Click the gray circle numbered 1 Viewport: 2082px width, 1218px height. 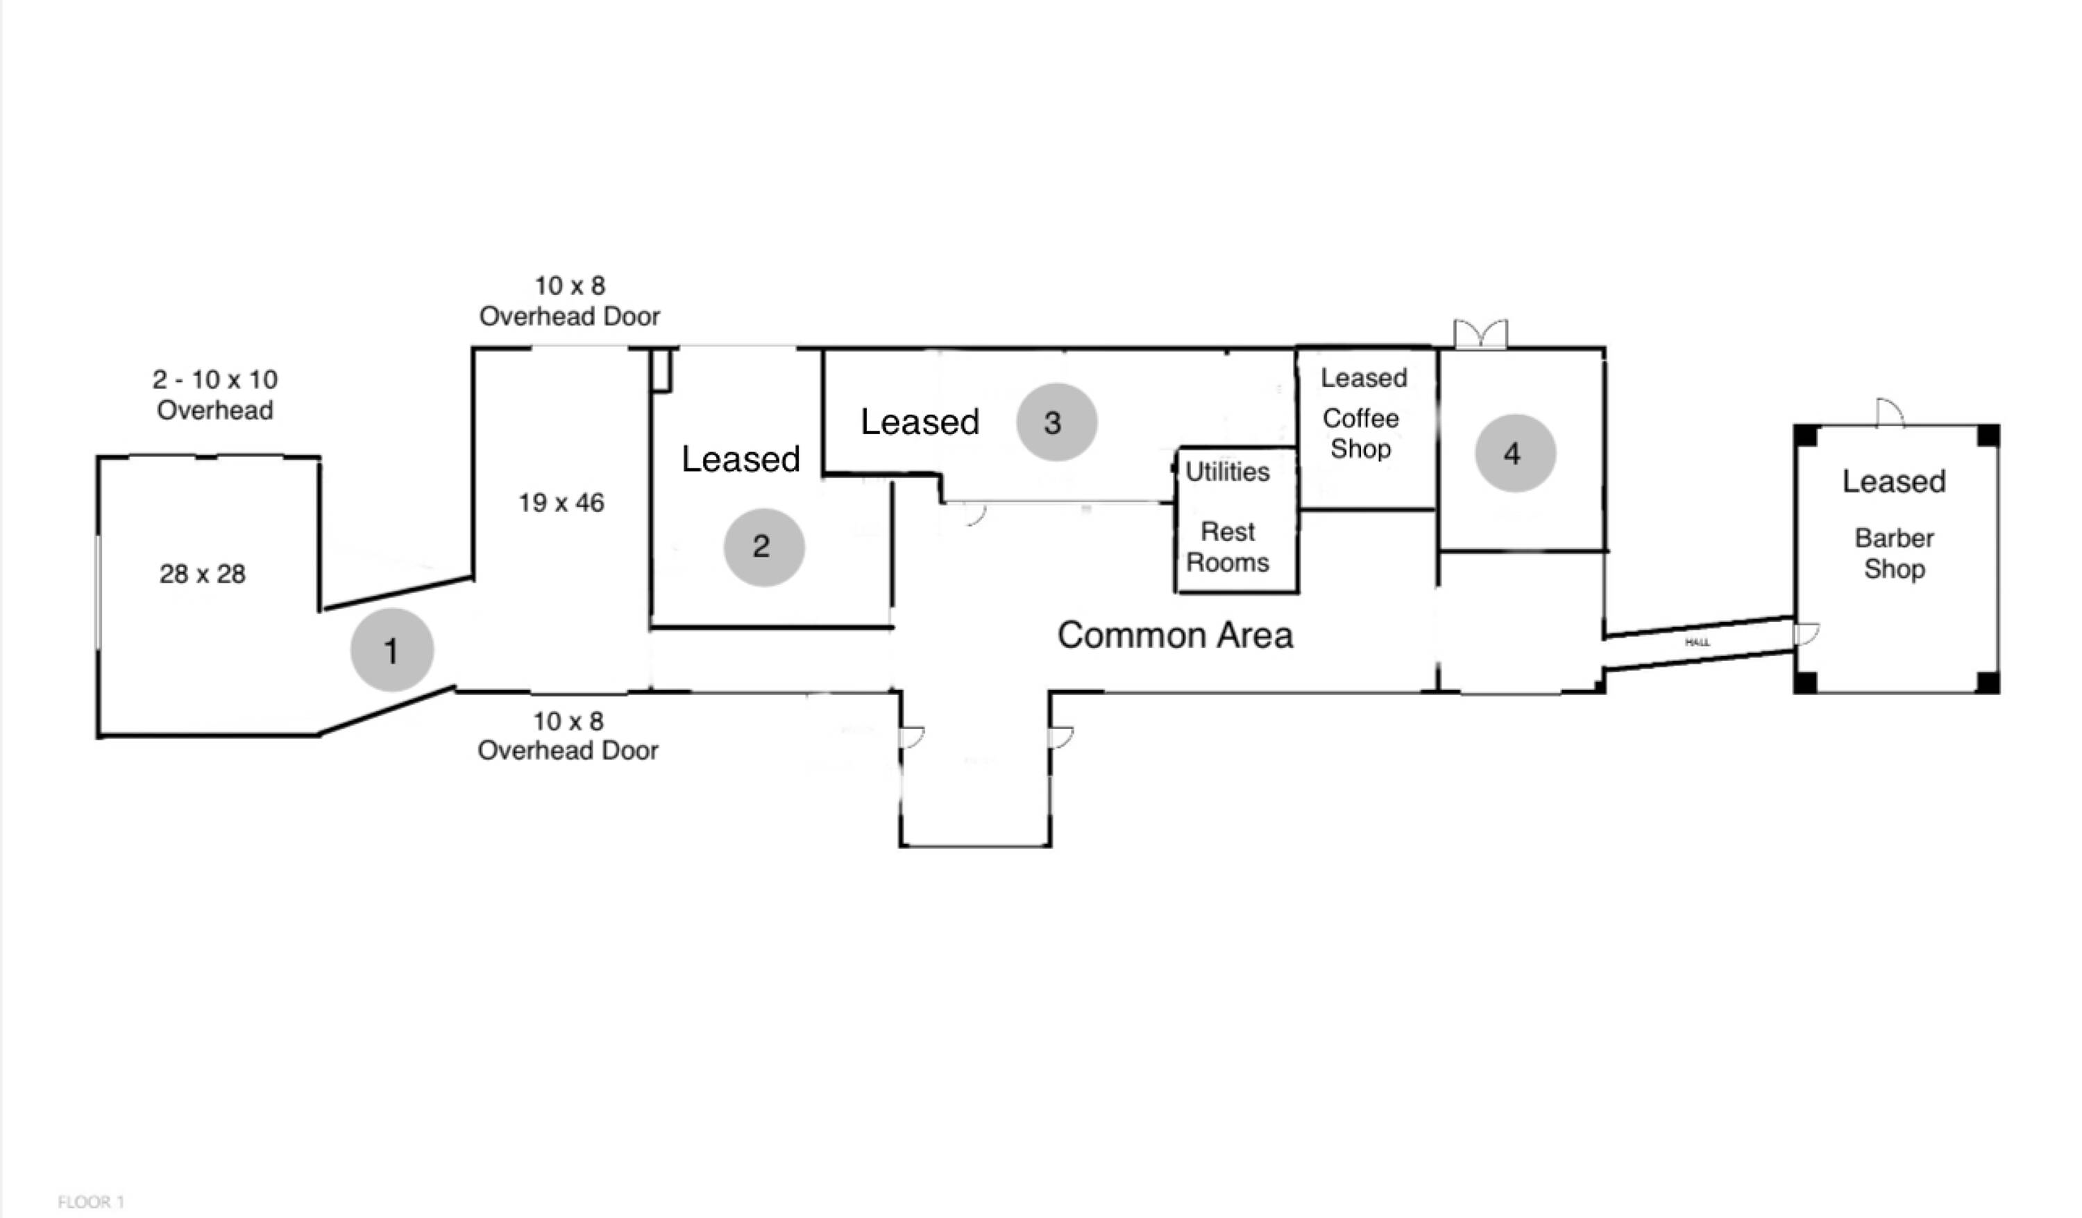(x=391, y=650)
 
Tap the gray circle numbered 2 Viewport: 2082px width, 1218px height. (x=763, y=547)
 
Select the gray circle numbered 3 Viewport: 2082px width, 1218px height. (x=1056, y=422)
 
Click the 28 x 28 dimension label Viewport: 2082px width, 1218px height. (x=203, y=574)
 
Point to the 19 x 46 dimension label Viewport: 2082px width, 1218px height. (x=561, y=502)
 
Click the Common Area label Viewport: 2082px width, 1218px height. (x=1175, y=635)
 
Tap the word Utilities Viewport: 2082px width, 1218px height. (x=1227, y=472)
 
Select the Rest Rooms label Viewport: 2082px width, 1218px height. (x=1228, y=547)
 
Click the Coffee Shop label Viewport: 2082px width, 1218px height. (x=1361, y=434)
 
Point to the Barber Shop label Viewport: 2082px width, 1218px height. (x=1895, y=554)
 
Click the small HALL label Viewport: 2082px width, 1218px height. (x=1697, y=642)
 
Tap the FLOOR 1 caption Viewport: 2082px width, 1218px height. (x=91, y=1201)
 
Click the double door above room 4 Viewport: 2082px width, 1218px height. (x=1480, y=334)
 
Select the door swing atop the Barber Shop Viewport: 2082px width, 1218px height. (x=1890, y=413)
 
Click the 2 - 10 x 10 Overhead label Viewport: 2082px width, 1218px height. (x=215, y=395)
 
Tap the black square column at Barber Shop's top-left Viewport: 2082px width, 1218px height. (x=1806, y=435)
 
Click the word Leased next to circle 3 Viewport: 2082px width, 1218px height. (x=920, y=422)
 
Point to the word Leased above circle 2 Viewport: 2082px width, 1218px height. (x=740, y=459)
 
